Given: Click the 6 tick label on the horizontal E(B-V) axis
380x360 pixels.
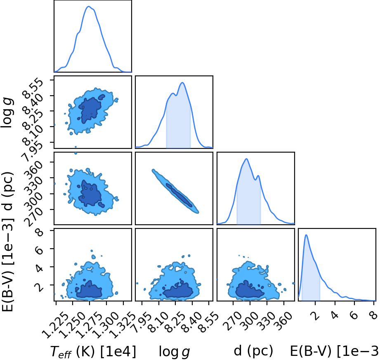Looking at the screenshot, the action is [x=354, y=315].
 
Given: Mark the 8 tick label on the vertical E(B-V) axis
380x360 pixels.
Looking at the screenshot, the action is [x=39, y=232].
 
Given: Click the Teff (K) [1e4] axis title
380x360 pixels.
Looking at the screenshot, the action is [x=93, y=352].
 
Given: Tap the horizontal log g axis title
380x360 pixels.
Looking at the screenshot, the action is [x=174, y=352].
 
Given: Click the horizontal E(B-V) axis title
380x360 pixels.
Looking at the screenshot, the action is [x=335, y=351].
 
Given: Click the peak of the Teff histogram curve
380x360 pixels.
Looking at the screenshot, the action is [x=89, y=6].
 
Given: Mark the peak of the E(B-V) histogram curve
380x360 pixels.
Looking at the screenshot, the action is [x=306, y=235].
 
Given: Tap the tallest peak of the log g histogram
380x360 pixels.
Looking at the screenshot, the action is [x=182, y=82].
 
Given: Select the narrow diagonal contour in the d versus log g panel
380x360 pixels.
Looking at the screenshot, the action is [x=175, y=191].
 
